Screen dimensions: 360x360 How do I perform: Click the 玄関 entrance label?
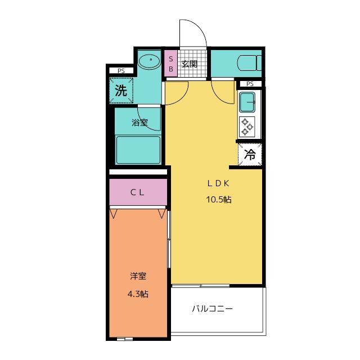click(x=190, y=64)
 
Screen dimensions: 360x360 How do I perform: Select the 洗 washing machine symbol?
click(x=121, y=89)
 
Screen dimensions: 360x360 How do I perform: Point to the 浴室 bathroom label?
click(x=139, y=122)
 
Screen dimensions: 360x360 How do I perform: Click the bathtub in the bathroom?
click(x=138, y=149)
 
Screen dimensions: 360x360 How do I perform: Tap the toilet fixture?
click(x=247, y=62)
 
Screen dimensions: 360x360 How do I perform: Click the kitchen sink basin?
click(x=247, y=102)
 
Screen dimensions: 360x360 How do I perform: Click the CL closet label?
click(x=138, y=192)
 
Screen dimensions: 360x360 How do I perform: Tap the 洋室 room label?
click(x=138, y=276)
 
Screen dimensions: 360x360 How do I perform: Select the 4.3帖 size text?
click(x=138, y=294)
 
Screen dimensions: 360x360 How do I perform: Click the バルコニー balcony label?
click(x=212, y=308)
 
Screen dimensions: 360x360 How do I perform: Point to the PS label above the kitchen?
click(x=250, y=84)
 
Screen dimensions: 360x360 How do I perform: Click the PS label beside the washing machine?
click(x=121, y=71)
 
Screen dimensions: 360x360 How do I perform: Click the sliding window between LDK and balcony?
click(x=201, y=286)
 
